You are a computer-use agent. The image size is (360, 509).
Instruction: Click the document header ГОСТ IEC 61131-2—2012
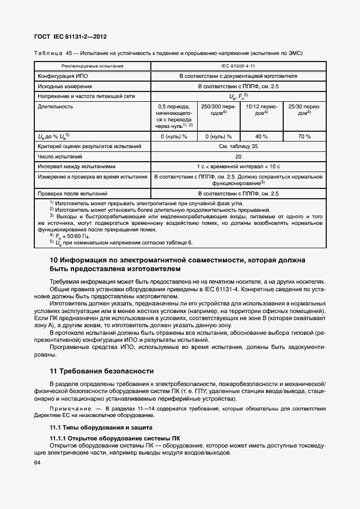click(x=71, y=36)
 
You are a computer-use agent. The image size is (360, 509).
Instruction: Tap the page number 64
click(x=38, y=462)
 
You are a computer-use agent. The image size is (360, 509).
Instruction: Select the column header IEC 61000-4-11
click(x=239, y=66)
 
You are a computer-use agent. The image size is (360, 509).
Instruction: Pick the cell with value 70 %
click(x=304, y=137)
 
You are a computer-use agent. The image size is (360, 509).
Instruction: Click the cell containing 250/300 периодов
click(x=217, y=110)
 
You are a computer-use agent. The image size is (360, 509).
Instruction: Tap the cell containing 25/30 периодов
click(x=304, y=110)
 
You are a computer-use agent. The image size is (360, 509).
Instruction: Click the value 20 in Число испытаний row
click(x=239, y=156)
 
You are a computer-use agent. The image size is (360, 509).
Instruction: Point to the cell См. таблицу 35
click(x=239, y=146)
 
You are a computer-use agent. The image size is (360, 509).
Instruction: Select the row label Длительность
click(x=55, y=107)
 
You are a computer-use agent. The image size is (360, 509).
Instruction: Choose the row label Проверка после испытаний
click(x=72, y=193)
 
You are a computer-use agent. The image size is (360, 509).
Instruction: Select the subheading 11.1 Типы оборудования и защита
click(x=101, y=427)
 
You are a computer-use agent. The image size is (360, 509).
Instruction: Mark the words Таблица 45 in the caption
click(x=54, y=53)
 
